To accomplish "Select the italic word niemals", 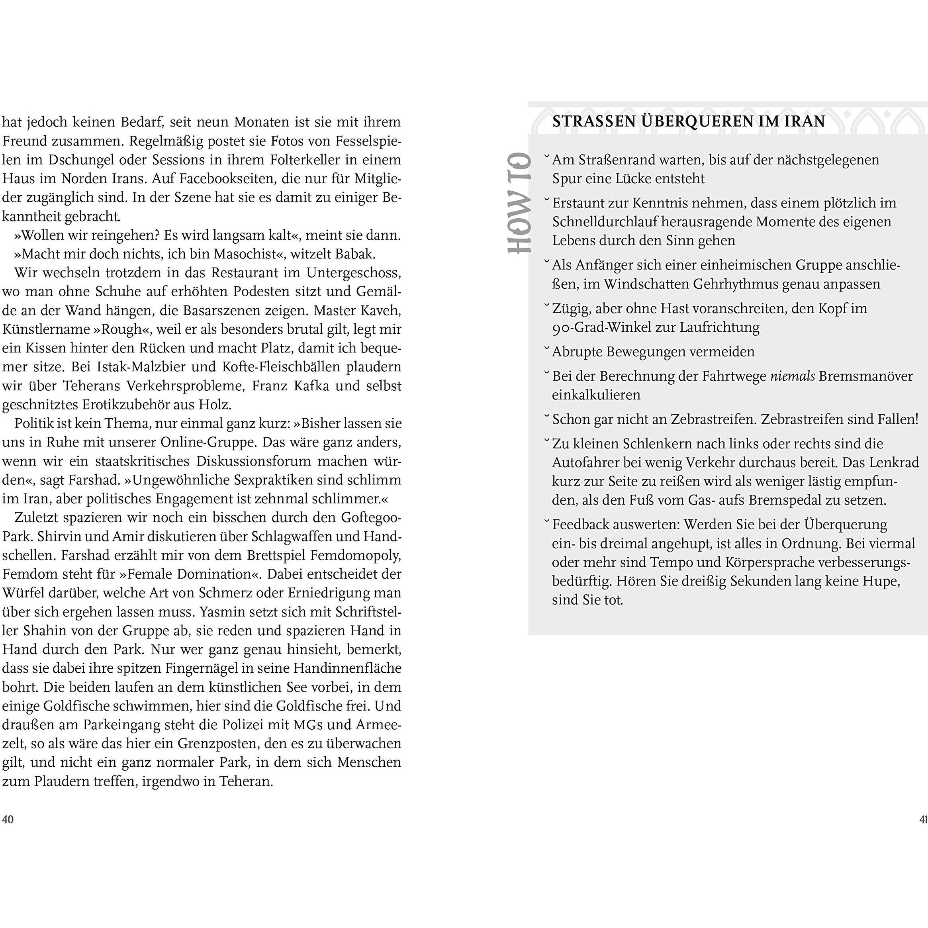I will click(x=793, y=376).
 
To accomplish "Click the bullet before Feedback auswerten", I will click(x=546, y=521).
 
